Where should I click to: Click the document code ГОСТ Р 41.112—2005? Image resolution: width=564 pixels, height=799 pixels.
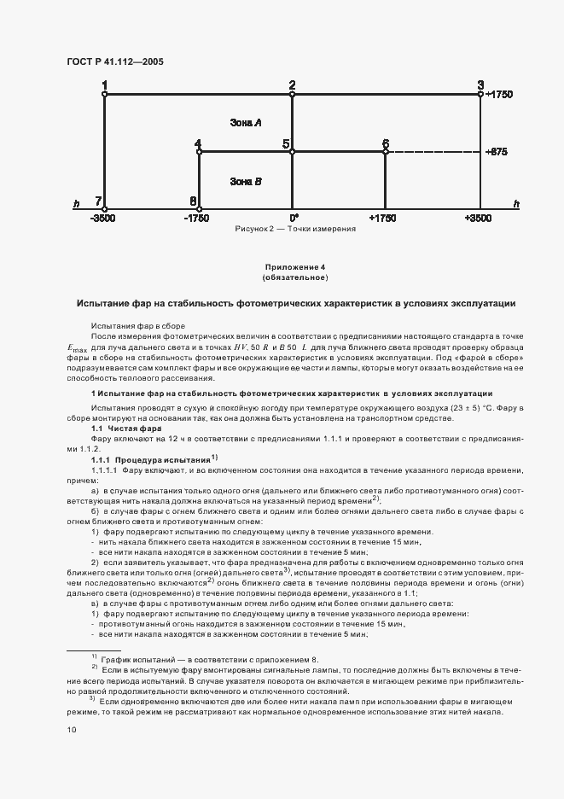(115, 62)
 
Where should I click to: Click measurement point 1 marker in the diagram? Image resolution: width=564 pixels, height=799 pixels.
(105, 95)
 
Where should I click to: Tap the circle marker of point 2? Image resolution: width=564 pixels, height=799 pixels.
(292, 95)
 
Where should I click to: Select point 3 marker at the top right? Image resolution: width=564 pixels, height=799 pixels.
(480, 95)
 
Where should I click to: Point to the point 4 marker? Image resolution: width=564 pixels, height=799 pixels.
(198, 152)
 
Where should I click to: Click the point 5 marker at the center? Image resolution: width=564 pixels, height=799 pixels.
(292, 152)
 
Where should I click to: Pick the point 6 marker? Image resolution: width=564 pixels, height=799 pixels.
(386, 152)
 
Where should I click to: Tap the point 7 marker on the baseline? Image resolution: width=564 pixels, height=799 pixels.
(105, 207)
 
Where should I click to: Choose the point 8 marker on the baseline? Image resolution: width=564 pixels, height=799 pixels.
(198, 207)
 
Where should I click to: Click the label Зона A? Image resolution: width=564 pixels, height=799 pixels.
(246, 123)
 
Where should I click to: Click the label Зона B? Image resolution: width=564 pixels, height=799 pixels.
(246, 181)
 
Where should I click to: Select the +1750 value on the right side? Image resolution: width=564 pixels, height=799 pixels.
(498, 95)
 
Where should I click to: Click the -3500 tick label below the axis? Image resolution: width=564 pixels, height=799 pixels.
(104, 219)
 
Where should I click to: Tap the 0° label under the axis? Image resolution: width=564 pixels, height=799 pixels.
(293, 219)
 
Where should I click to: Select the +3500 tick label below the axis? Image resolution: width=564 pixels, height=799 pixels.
(480, 219)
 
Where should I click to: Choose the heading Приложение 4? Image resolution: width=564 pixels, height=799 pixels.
(294, 268)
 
